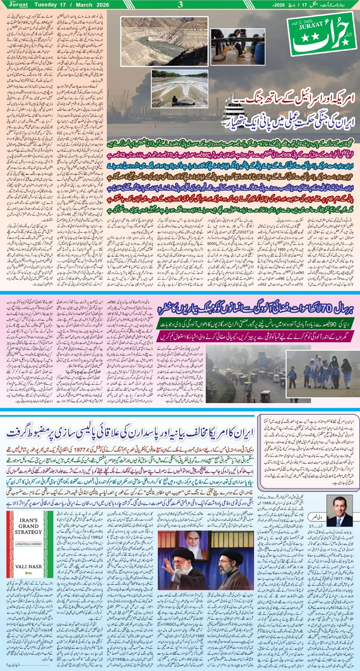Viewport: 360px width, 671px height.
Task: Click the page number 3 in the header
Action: point(180,5)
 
